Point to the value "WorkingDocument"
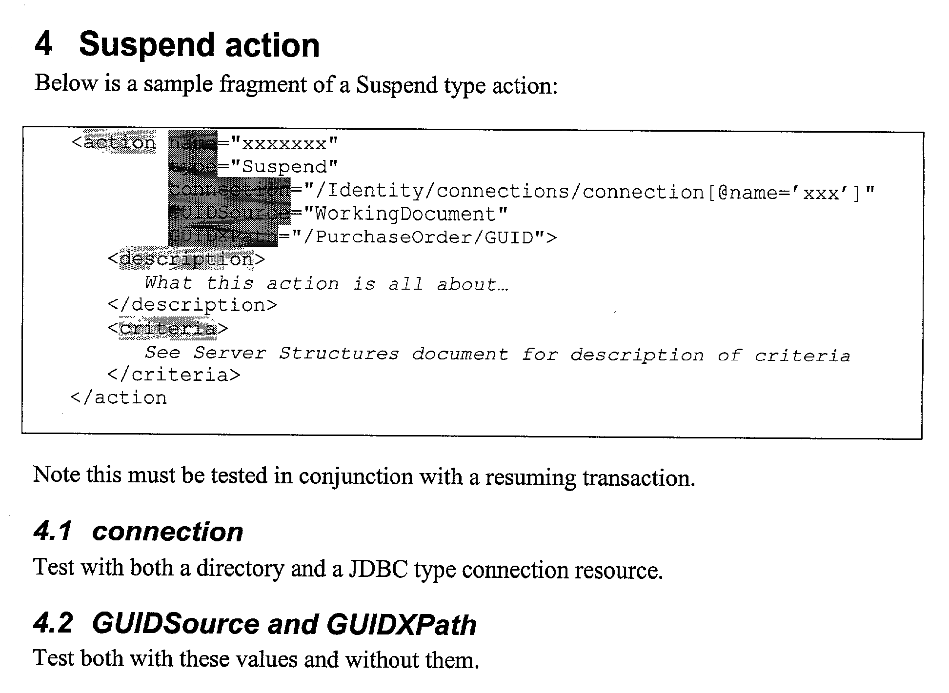[405, 214]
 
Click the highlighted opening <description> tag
[186, 259]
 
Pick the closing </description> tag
[192, 305]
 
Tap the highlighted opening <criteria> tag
[167, 328]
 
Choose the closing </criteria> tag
[174, 375]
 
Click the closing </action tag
[119, 398]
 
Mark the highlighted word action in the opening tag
[120, 143]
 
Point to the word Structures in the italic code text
[339, 353]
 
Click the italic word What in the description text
[168, 282]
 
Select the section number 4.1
[53, 531]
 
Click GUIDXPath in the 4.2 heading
[401, 624]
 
